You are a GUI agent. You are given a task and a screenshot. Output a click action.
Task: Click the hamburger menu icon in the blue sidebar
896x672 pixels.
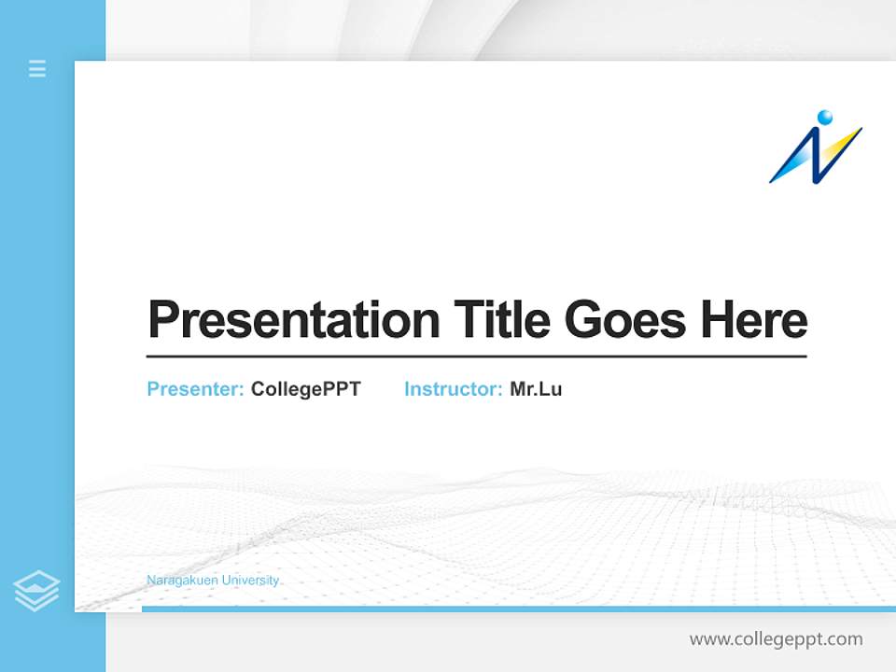[37, 68]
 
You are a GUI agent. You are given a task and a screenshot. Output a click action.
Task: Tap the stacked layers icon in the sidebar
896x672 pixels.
[36, 591]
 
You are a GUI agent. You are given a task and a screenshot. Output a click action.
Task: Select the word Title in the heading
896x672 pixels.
[502, 319]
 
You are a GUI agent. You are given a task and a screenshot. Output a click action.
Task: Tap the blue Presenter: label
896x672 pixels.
[196, 389]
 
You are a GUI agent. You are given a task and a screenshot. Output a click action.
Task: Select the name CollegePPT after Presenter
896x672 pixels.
[305, 389]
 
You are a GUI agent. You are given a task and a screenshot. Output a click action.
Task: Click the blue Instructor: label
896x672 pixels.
[454, 389]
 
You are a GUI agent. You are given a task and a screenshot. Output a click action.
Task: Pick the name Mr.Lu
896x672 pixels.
[536, 389]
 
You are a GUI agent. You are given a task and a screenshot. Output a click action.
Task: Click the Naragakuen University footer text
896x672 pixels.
[213, 581]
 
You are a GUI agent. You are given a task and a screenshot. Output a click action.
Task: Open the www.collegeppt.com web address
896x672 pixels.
[776, 639]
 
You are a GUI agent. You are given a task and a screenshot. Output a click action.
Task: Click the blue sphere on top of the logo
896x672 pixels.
[824, 117]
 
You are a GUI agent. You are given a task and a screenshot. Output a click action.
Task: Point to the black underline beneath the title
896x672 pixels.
[476, 356]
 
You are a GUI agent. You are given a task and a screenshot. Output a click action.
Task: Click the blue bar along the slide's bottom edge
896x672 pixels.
[518, 609]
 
